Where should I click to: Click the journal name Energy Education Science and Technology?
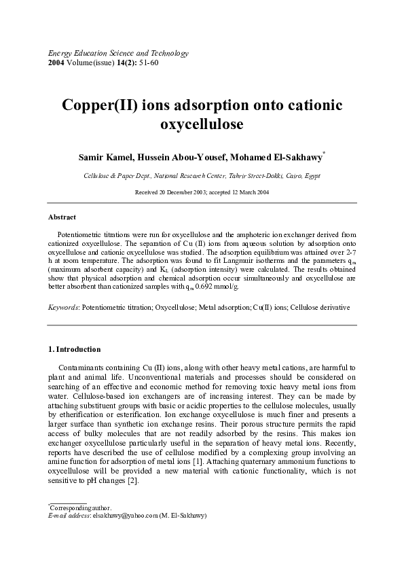coord(117,53)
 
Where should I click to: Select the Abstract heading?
coord(62,217)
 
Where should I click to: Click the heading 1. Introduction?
coord(75,349)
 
